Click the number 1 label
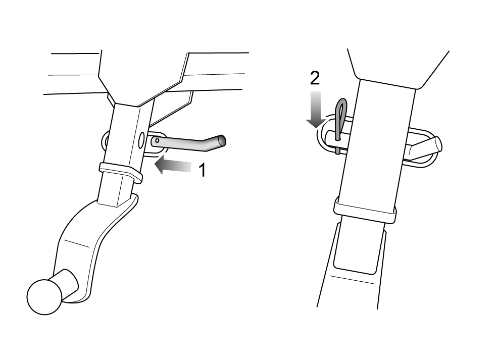[202, 170]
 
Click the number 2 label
[315, 78]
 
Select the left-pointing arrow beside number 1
[173, 166]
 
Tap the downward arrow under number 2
[316, 110]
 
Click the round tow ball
[44, 297]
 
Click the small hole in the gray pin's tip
[157, 140]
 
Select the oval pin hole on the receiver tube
[141, 141]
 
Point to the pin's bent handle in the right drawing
[426, 146]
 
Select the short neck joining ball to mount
[68, 284]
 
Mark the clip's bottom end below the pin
[337, 151]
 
